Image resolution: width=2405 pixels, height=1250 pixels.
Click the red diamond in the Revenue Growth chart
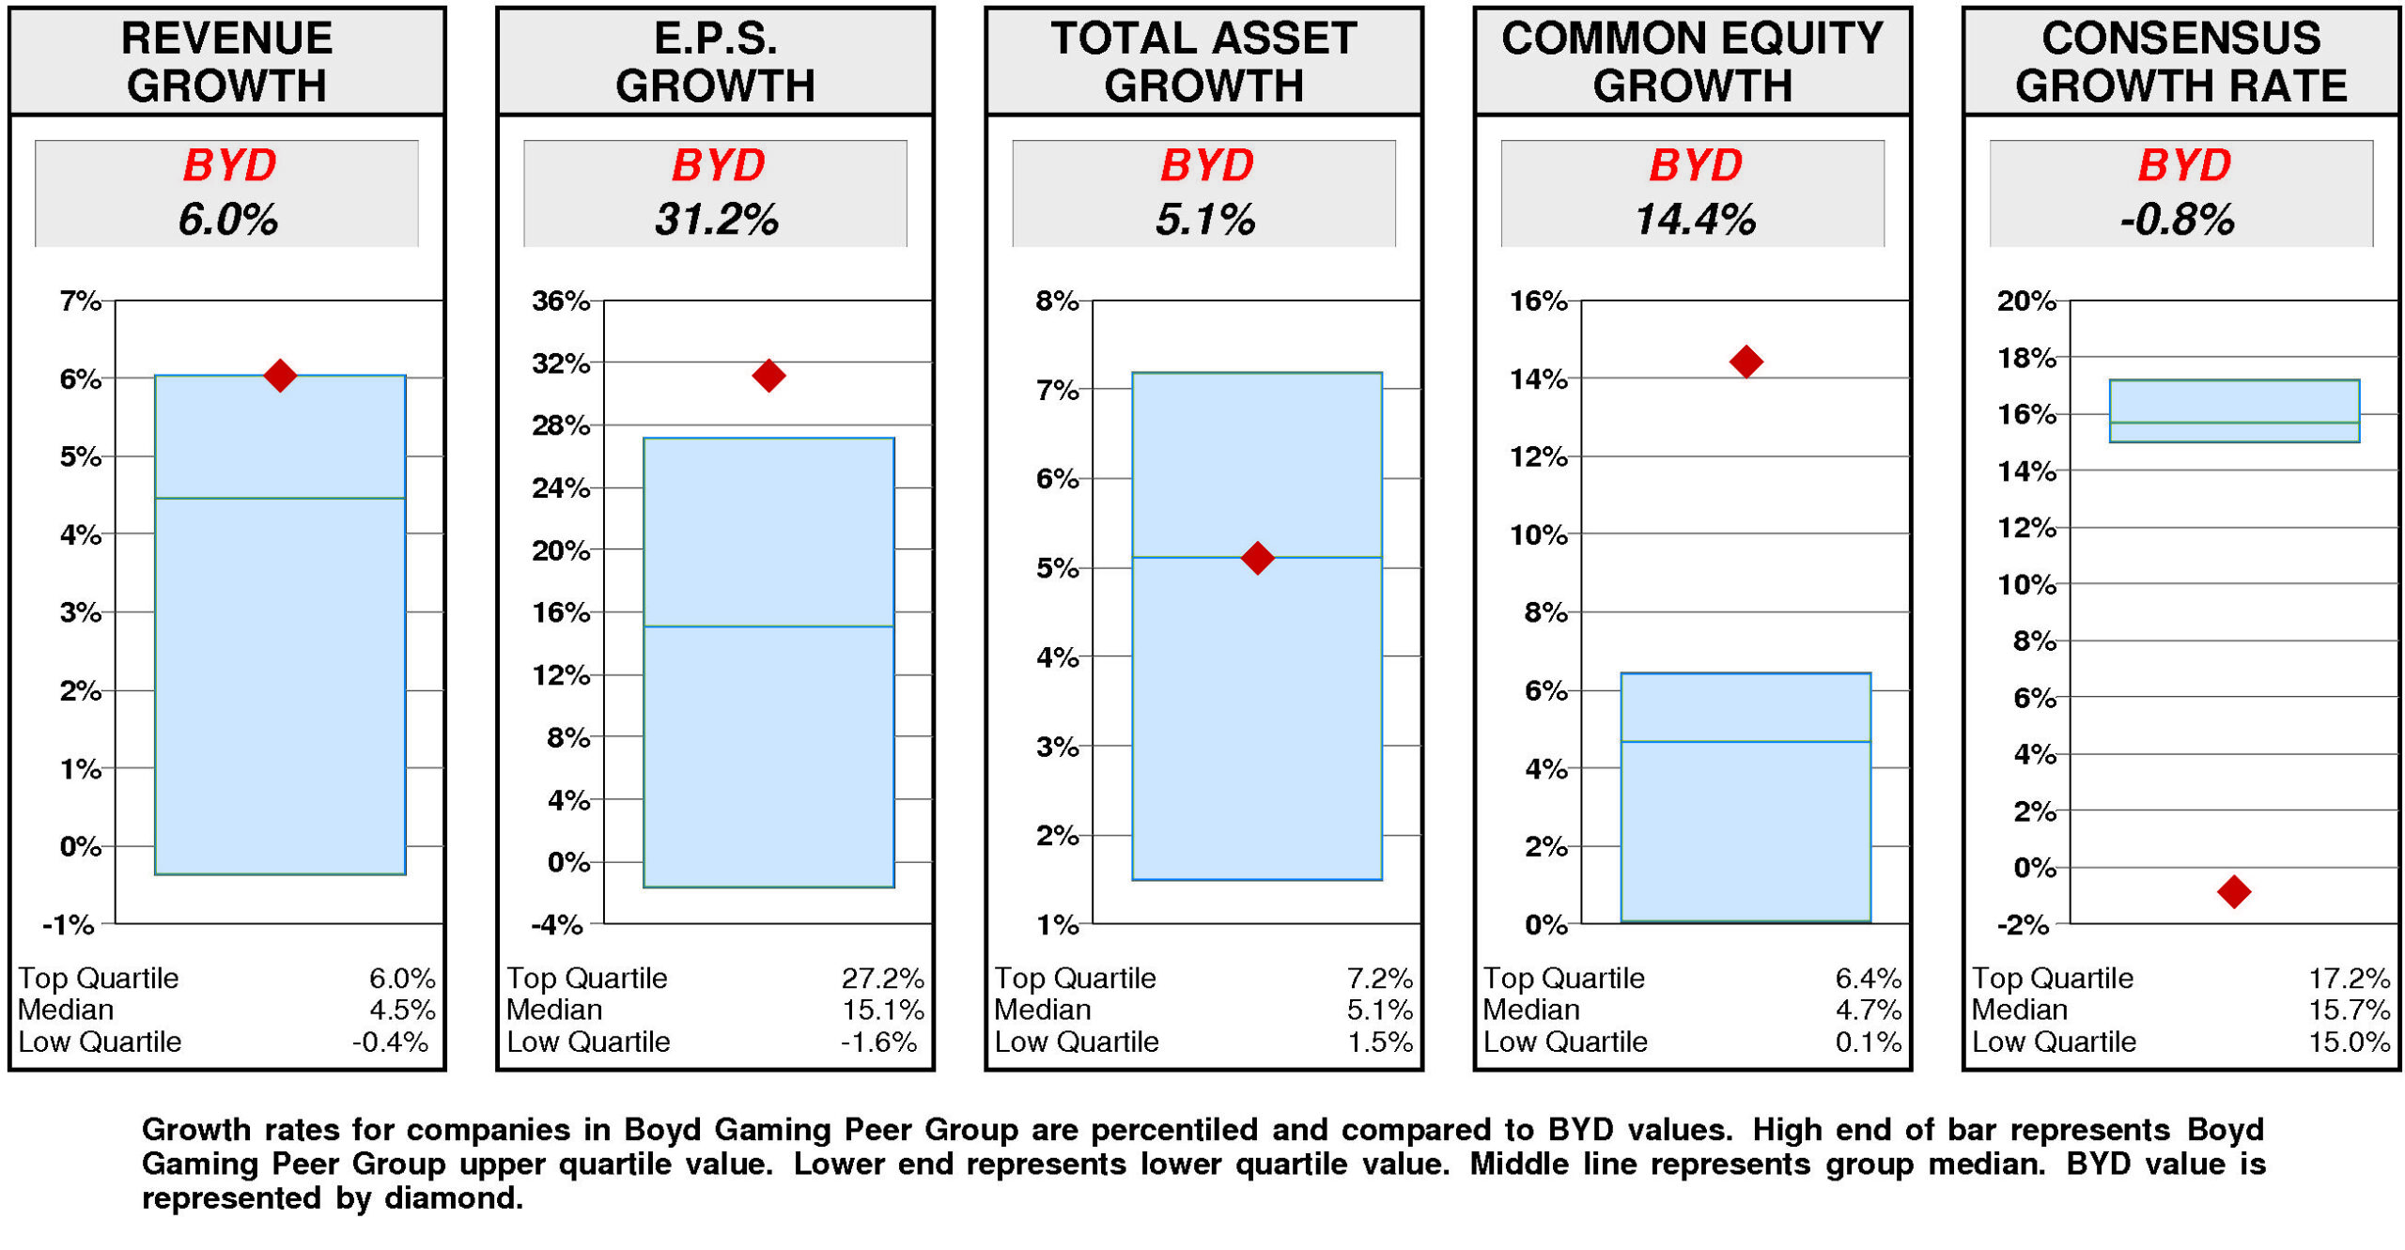(279, 376)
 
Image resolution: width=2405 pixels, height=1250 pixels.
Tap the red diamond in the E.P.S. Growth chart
(768, 376)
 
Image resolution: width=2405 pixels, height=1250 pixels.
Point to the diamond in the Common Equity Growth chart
(1745, 362)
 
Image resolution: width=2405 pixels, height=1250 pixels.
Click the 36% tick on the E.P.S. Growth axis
(561, 301)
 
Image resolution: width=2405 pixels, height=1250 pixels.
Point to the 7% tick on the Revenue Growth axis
(80, 301)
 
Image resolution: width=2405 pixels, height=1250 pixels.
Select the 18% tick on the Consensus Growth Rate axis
(2025, 358)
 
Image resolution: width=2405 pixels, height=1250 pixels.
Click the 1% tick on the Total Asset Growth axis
(1057, 925)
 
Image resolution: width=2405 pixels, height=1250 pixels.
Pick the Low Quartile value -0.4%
(390, 1042)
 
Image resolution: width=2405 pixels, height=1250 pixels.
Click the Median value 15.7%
(2348, 1010)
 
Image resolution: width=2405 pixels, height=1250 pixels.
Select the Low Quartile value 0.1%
(1867, 1042)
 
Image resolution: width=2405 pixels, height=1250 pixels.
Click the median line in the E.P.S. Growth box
(768, 626)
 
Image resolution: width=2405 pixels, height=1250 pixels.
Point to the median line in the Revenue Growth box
(279, 498)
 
